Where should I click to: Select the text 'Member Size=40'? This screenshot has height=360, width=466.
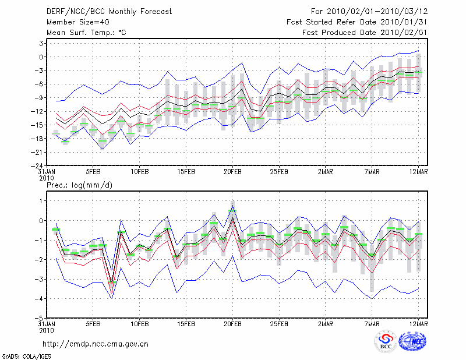pyautogui.click(x=75, y=22)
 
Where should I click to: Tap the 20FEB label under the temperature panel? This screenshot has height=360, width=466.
pyautogui.click(x=232, y=172)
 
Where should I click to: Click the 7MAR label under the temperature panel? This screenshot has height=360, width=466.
pyautogui.click(x=372, y=172)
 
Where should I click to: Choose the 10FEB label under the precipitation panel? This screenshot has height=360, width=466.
pyautogui.click(x=139, y=325)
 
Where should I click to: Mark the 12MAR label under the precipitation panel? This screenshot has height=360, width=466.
pyautogui.click(x=419, y=325)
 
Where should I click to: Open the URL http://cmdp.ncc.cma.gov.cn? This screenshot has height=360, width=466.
pyautogui.click(x=96, y=344)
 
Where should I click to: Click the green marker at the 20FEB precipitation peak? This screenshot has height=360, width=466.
pyautogui.click(x=232, y=211)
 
